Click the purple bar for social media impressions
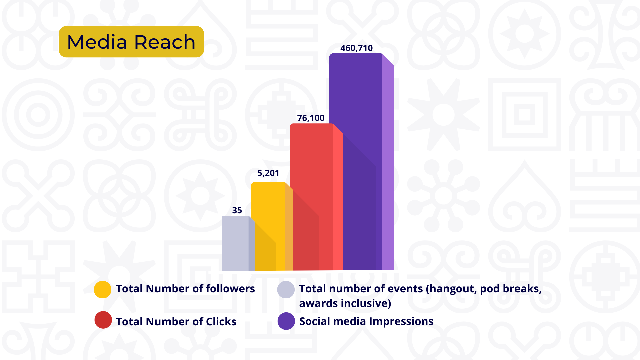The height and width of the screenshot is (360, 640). (355, 133)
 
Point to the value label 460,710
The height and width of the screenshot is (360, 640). (356, 48)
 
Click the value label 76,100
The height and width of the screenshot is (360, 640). (311, 118)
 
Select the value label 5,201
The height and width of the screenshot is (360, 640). (268, 173)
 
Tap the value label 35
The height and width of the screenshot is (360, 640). (237, 211)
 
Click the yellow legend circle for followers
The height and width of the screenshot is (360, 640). (103, 289)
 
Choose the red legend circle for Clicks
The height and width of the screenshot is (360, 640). (103, 320)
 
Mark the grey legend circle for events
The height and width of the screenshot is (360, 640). (286, 289)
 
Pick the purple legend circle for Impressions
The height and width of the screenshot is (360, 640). (286, 321)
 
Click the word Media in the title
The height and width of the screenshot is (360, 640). (97, 42)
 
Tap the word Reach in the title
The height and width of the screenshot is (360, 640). (165, 42)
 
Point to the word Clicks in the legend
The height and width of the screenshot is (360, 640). (221, 322)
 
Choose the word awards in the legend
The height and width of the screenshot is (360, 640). (318, 304)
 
